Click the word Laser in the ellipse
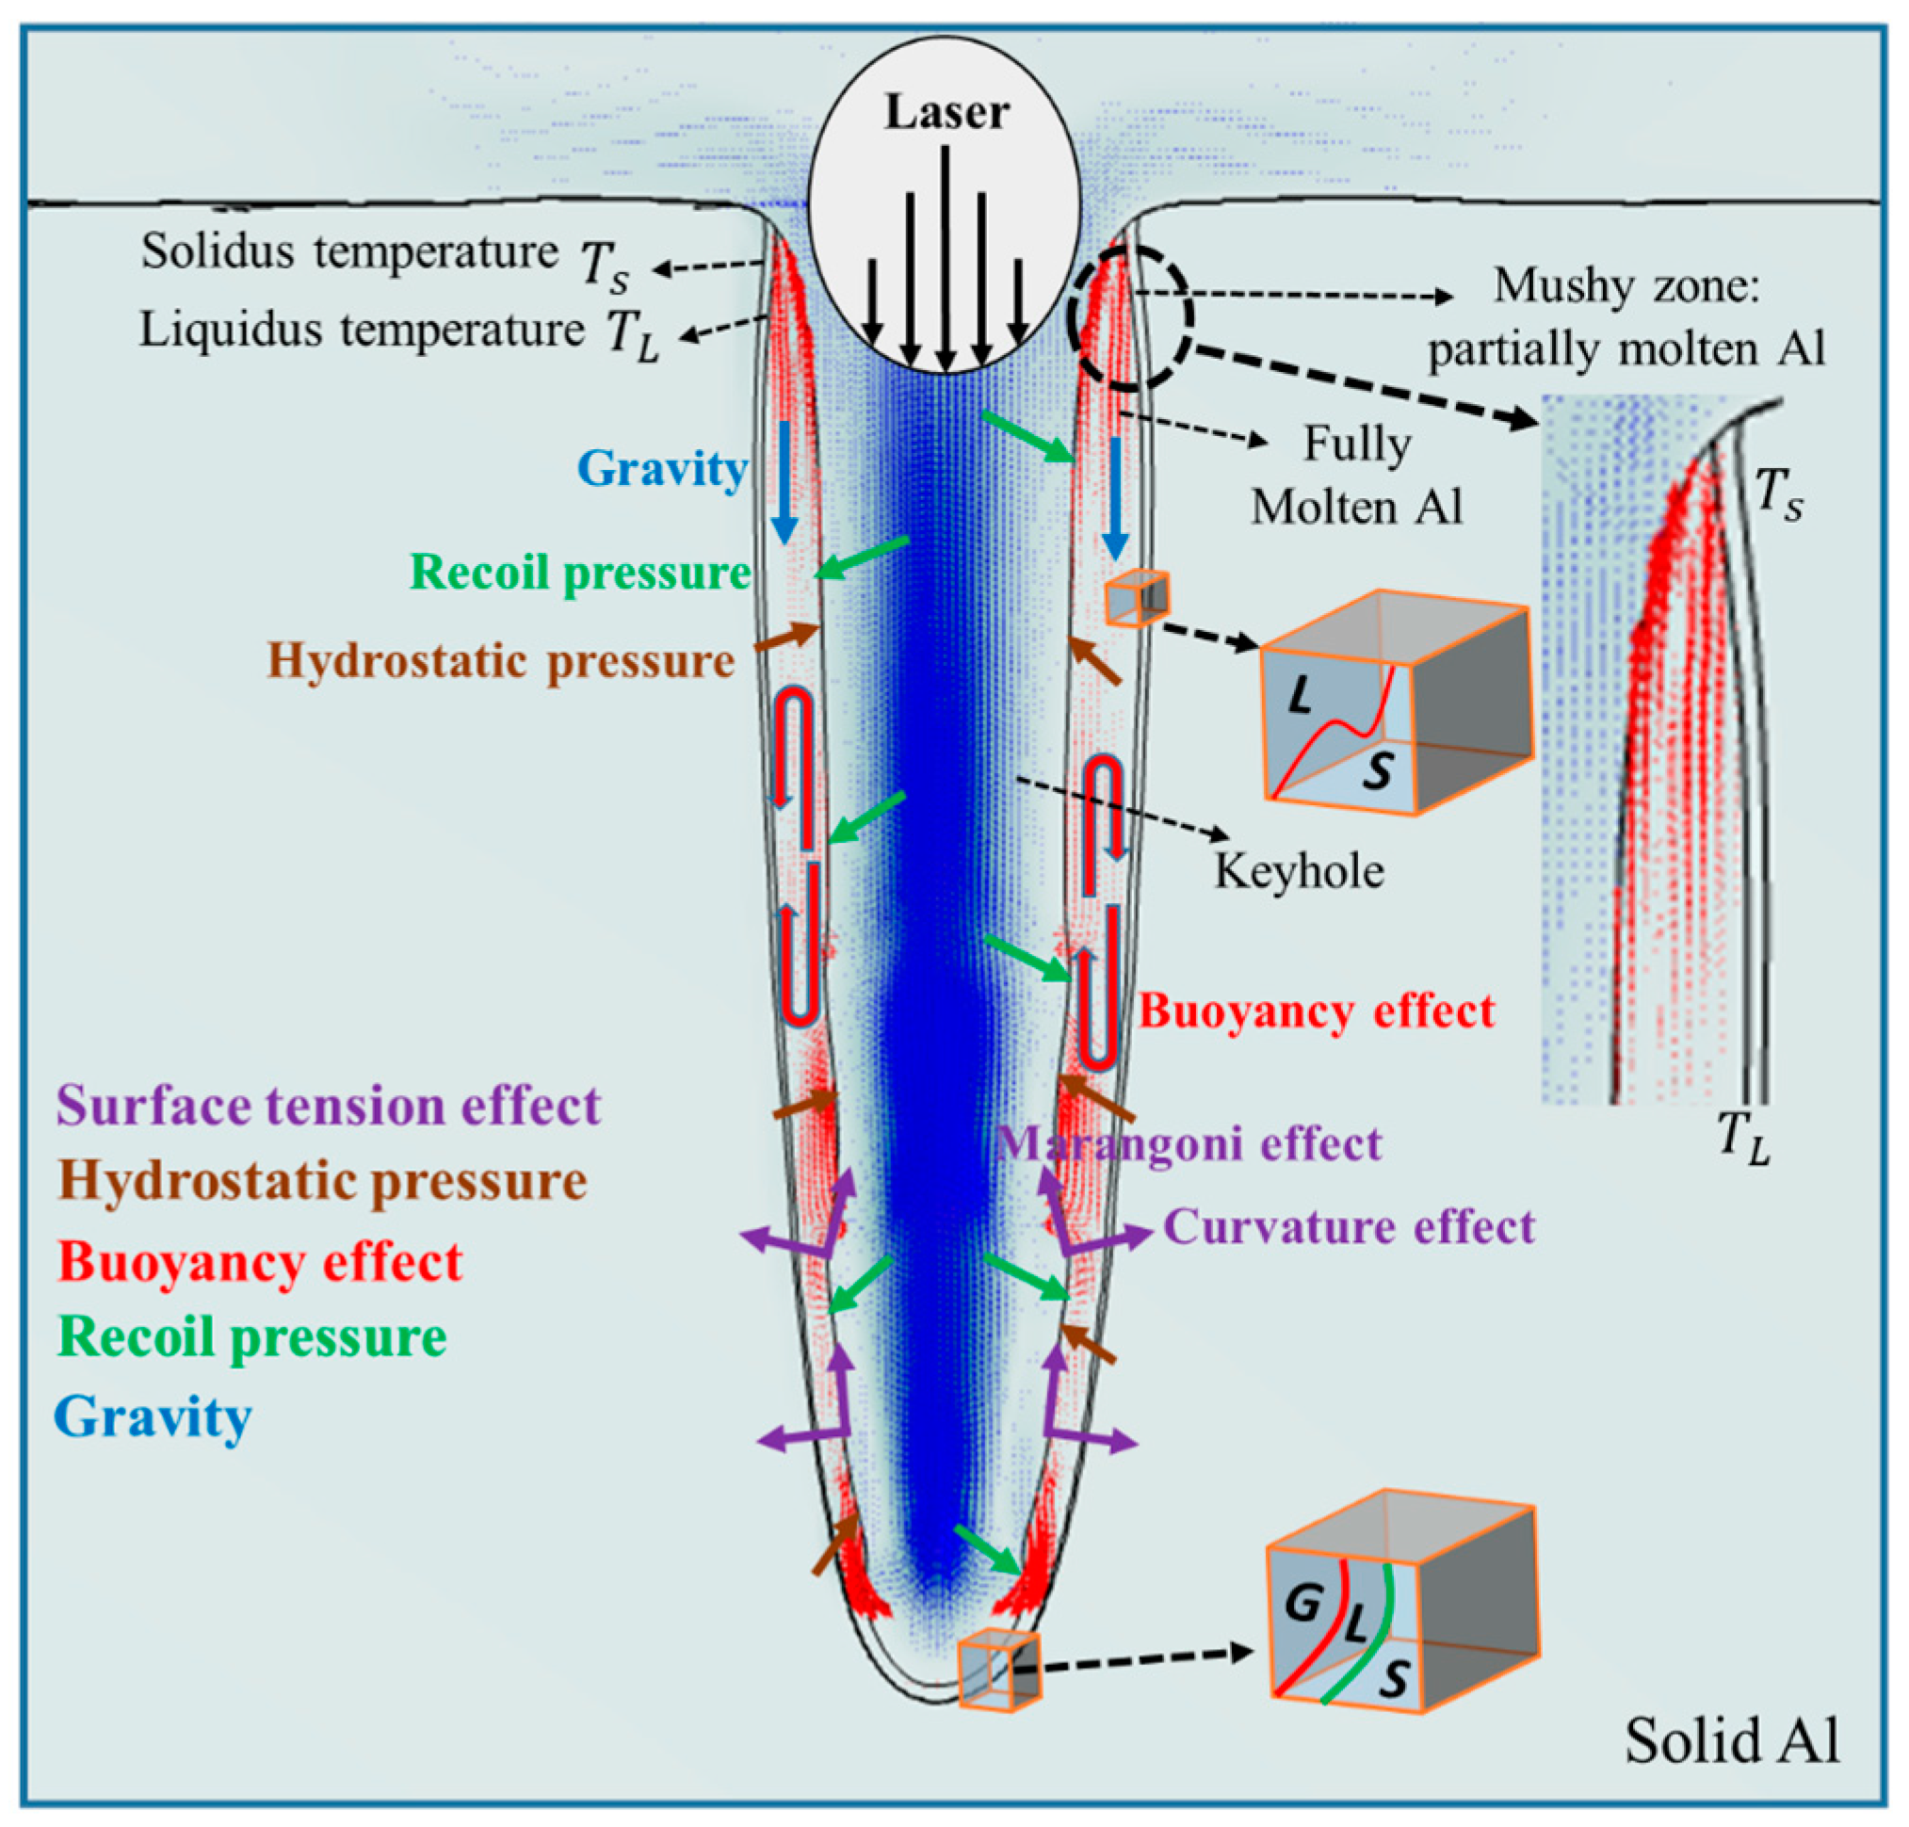click(x=946, y=112)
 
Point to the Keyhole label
click(x=1299, y=869)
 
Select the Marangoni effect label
click(x=1189, y=1143)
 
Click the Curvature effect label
click(x=1349, y=1226)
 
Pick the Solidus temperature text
click(x=348, y=252)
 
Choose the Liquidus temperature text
click(x=361, y=331)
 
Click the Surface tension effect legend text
click(x=329, y=1106)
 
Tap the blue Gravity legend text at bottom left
click(x=153, y=1417)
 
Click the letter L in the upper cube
click(x=1299, y=695)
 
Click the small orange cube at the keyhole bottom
click(x=998, y=1671)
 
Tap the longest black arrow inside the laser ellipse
click(x=945, y=258)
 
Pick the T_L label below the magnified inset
click(x=1741, y=1137)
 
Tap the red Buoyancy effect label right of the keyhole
click(x=1316, y=1011)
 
